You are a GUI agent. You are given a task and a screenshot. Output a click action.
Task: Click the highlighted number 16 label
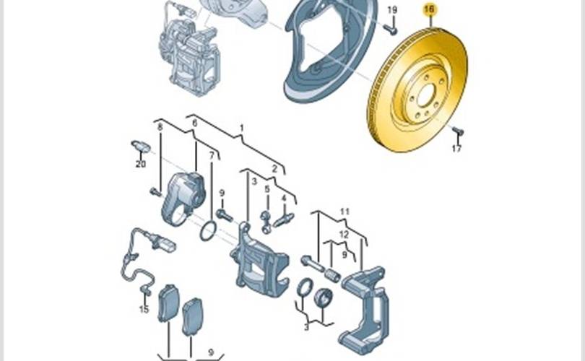tap(430, 9)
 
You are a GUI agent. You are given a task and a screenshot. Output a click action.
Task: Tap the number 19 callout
tap(391, 9)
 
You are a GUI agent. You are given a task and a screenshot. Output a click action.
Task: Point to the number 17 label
tap(456, 149)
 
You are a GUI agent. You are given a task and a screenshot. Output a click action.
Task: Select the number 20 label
tap(141, 164)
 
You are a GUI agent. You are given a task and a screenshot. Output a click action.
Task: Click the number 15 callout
tap(144, 309)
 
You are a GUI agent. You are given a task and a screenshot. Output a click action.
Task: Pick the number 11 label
tap(344, 212)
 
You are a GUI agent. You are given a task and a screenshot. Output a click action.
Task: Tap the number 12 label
tap(344, 235)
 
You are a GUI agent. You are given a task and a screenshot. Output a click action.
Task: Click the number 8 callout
tap(160, 127)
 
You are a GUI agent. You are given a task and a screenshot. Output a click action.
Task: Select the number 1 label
tap(241, 129)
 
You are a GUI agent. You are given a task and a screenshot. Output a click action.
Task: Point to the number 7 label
tap(212, 155)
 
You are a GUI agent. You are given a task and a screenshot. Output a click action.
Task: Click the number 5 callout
tap(266, 189)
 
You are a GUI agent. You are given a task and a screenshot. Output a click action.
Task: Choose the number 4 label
tap(284, 199)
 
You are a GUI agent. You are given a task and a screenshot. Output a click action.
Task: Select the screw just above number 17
tap(458, 131)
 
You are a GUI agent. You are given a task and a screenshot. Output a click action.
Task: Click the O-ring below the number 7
tap(208, 230)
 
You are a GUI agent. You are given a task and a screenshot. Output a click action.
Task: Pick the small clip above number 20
tap(141, 147)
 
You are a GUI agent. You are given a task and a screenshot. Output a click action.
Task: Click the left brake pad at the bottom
tap(169, 303)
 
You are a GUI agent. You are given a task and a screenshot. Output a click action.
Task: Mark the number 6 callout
tap(195, 123)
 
